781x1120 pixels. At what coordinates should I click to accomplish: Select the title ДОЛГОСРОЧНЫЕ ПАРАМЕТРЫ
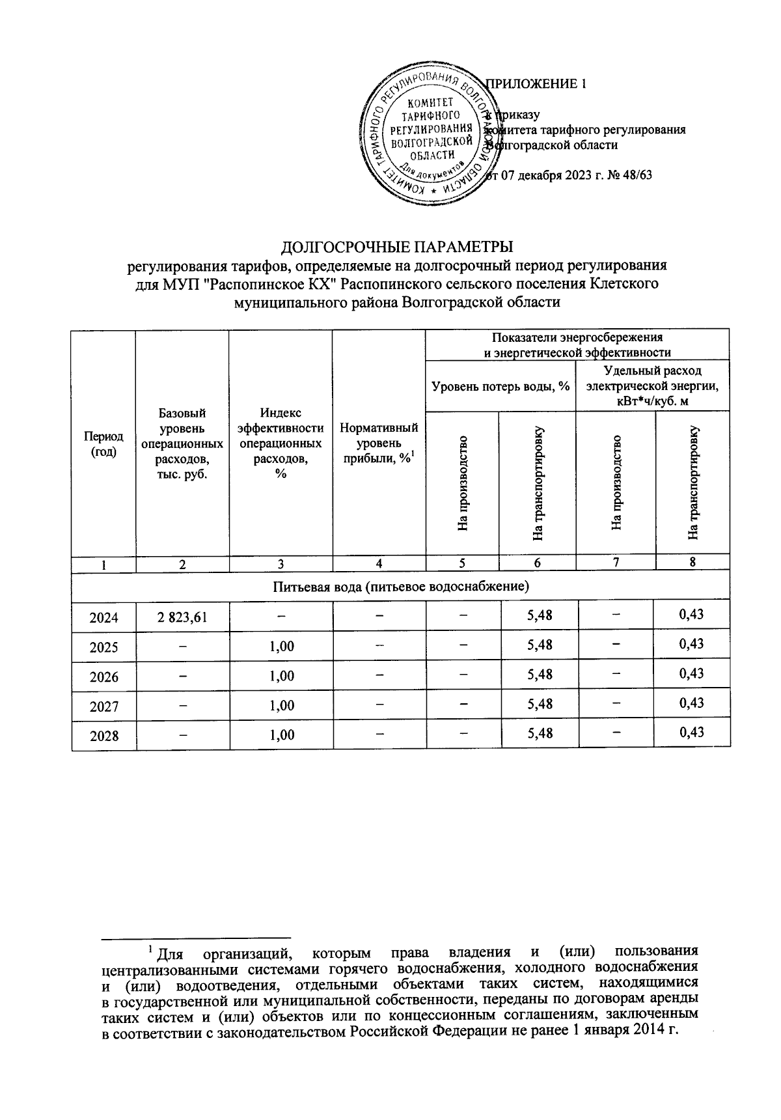pos(397,247)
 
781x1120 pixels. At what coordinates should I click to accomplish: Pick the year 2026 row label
pos(104,677)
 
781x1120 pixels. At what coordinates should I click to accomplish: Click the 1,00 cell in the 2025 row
pos(281,647)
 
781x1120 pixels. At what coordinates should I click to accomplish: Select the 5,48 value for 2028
pos(539,734)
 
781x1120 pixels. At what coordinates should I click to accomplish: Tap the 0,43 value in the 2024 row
pos(691,614)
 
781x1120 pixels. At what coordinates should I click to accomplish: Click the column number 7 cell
pos(615,563)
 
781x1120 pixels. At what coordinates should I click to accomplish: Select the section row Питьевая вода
pos(400,586)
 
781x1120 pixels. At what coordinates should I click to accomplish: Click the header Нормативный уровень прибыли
pos(379,444)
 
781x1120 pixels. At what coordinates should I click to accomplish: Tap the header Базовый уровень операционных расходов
pos(182,444)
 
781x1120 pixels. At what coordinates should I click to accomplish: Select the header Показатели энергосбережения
pos(577,337)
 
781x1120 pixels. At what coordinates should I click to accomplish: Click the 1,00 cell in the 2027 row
pos(281,706)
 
